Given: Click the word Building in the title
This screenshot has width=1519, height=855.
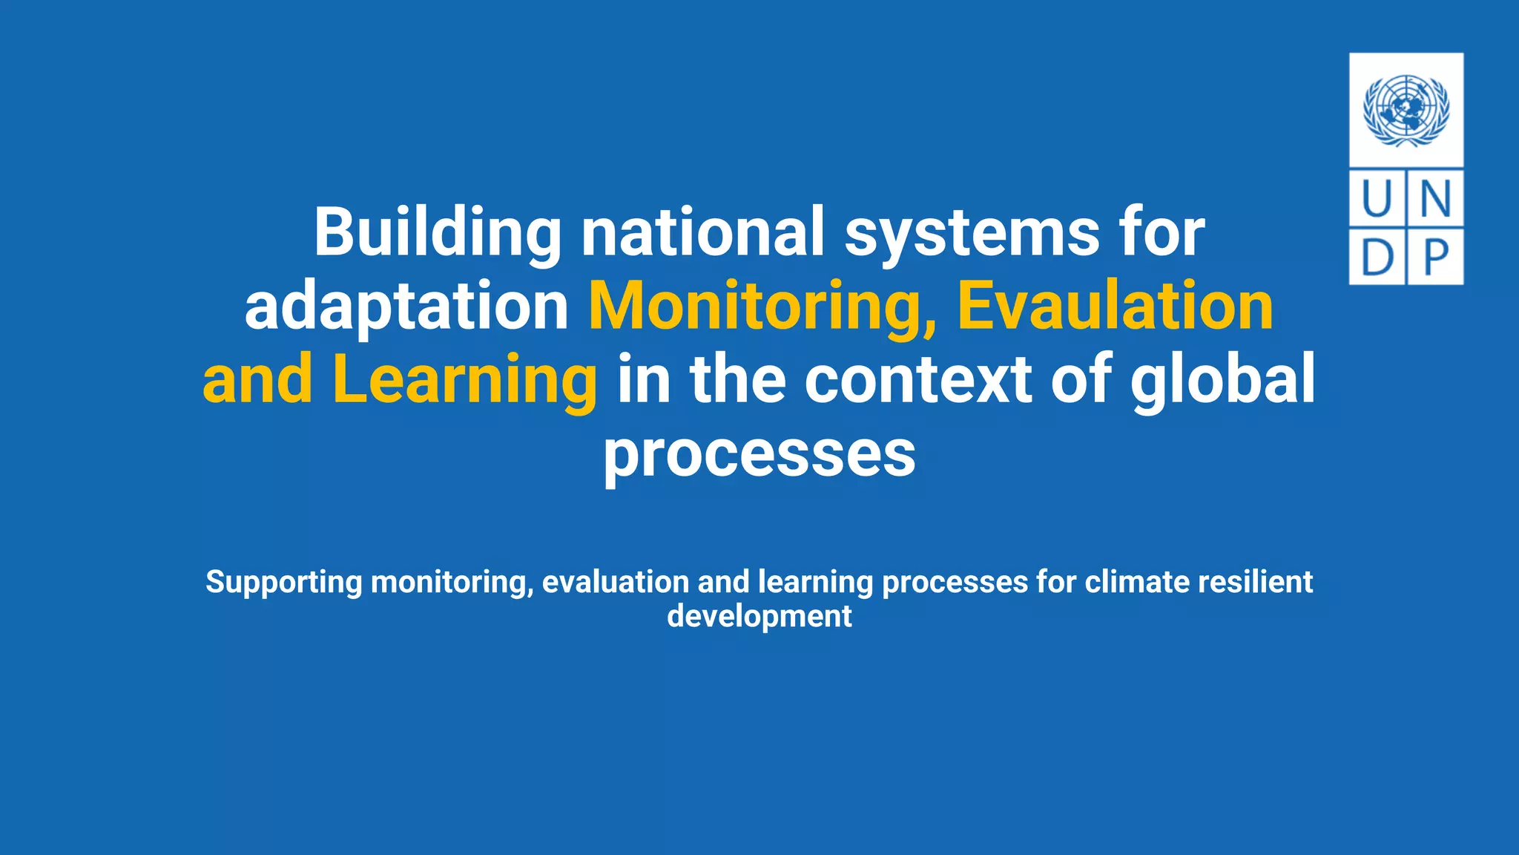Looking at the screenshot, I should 438,232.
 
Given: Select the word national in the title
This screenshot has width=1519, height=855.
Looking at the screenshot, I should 702,232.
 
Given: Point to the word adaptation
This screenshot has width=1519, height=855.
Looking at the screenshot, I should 406,307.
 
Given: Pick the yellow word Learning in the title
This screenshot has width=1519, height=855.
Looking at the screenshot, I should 464,380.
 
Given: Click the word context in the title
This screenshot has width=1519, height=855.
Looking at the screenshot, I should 918,380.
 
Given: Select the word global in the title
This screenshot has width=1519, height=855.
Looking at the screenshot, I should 1222,380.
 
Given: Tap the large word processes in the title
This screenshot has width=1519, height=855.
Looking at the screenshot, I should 759,454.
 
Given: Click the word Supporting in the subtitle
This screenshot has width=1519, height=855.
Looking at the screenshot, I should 283,583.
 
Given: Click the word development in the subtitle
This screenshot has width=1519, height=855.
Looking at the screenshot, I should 759,616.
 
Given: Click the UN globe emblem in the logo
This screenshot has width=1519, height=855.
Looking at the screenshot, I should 1406,110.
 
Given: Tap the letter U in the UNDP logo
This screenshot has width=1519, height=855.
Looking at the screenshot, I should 1377,199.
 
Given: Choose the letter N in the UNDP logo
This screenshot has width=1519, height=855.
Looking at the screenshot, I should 1435,199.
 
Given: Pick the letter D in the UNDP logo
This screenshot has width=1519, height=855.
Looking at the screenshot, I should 1377,257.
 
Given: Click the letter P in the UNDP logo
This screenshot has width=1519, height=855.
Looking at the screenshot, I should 1435,257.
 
